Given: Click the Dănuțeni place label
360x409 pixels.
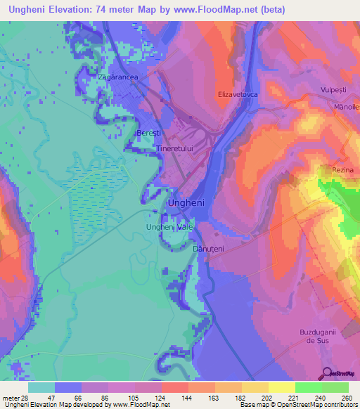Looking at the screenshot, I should (208, 248).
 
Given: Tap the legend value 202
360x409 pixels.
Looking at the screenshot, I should (266, 398).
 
